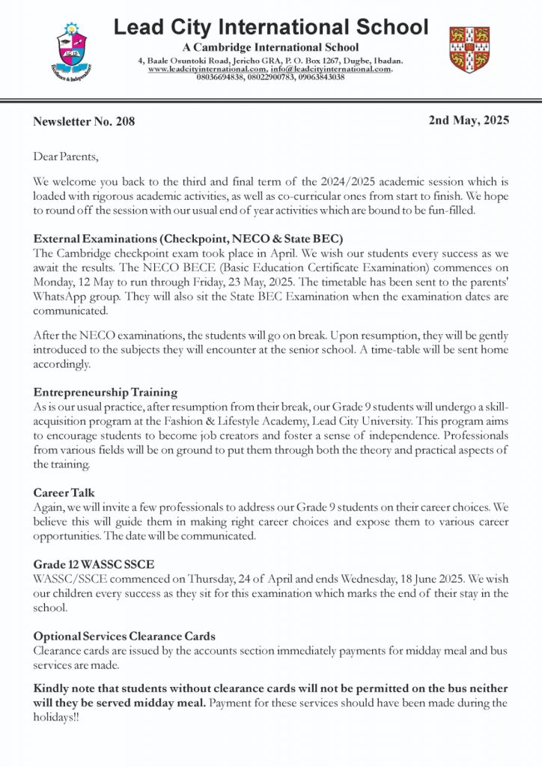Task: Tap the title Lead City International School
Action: pyautogui.click(x=271, y=28)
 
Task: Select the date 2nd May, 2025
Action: pyautogui.click(x=469, y=119)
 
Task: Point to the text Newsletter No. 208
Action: pyautogui.click(x=85, y=121)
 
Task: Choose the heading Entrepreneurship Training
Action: pyautogui.click(x=106, y=392)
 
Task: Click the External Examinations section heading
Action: pyautogui.click(x=188, y=238)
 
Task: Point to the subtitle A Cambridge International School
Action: pyautogui.click(x=271, y=48)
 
